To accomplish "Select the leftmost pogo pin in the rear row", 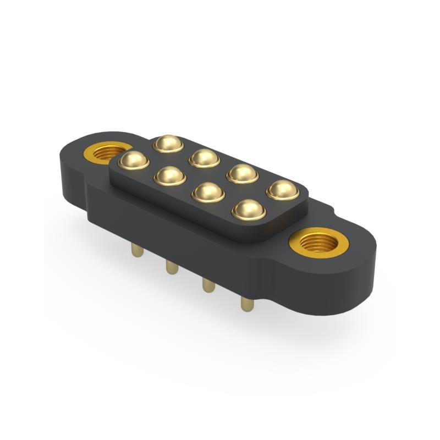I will click(168, 144).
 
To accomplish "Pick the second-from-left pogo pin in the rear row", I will click(204, 158).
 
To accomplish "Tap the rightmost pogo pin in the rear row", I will click(283, 190).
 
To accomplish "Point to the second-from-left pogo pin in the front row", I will click(170, 176).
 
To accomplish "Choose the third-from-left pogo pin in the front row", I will click(208, 192).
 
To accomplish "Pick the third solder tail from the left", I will click(208, 285).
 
